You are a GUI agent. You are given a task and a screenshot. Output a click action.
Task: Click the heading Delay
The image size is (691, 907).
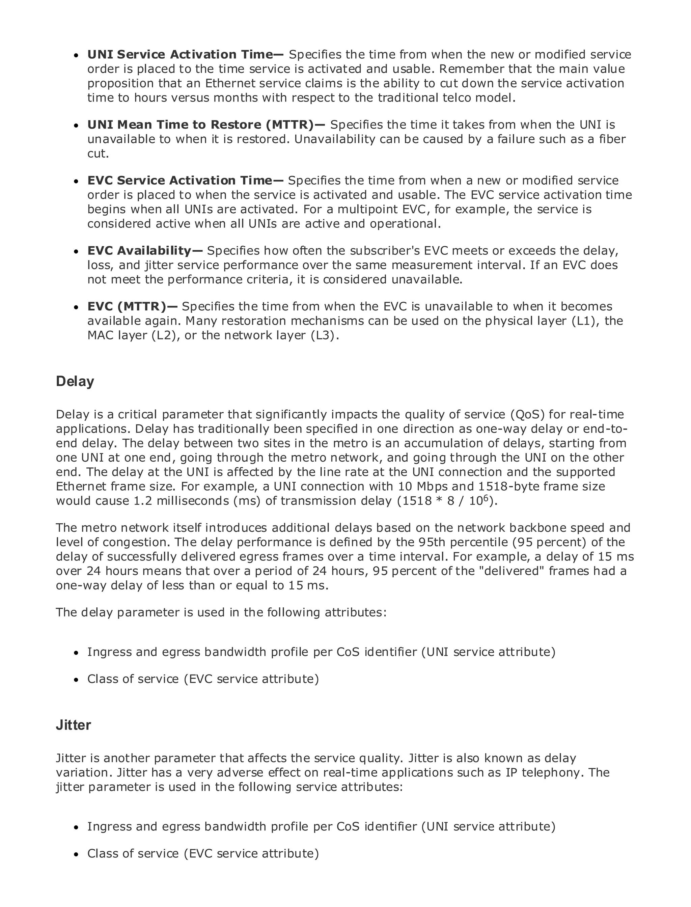[75, 381]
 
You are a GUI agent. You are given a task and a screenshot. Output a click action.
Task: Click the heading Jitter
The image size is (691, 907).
[73, 725]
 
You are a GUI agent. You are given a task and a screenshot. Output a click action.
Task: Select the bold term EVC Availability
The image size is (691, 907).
[139, 250]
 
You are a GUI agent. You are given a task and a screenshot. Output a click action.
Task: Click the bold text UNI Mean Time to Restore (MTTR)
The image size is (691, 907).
[200, 125]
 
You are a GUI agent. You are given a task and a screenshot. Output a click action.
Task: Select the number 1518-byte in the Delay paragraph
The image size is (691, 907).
[509, 486]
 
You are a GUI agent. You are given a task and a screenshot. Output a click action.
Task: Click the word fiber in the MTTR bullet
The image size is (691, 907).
[612, 139]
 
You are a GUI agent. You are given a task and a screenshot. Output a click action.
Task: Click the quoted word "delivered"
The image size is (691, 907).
[513, 571]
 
